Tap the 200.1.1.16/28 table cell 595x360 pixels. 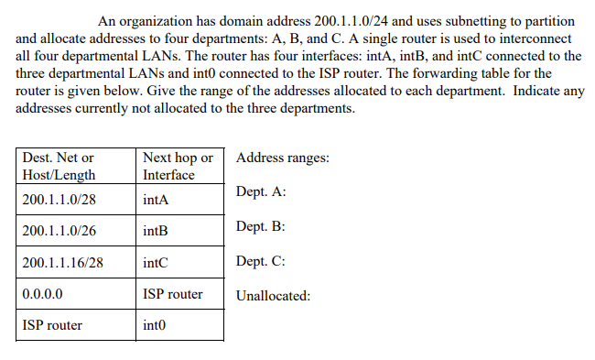[x=61, y=263]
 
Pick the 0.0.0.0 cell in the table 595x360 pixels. [x=42, y=295]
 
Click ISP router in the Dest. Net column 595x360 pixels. [x=52, y=325]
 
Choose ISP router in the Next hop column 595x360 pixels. [x=173, y=295]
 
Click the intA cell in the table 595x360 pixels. [x=156, y=199]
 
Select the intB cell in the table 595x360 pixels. [x=156, y=231]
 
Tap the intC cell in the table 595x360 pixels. [x=156, y=263]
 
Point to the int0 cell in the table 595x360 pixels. [x=156, y=325]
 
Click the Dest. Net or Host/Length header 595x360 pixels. [x=59, y=166]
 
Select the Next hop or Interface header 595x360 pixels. [x=178, y=166]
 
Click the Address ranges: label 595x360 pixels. [x=283, y=158]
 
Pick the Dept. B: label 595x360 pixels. [x=261, y=225]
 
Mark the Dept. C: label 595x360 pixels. [x=261, y=261]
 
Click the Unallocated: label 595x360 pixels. [x=274, y=296]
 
